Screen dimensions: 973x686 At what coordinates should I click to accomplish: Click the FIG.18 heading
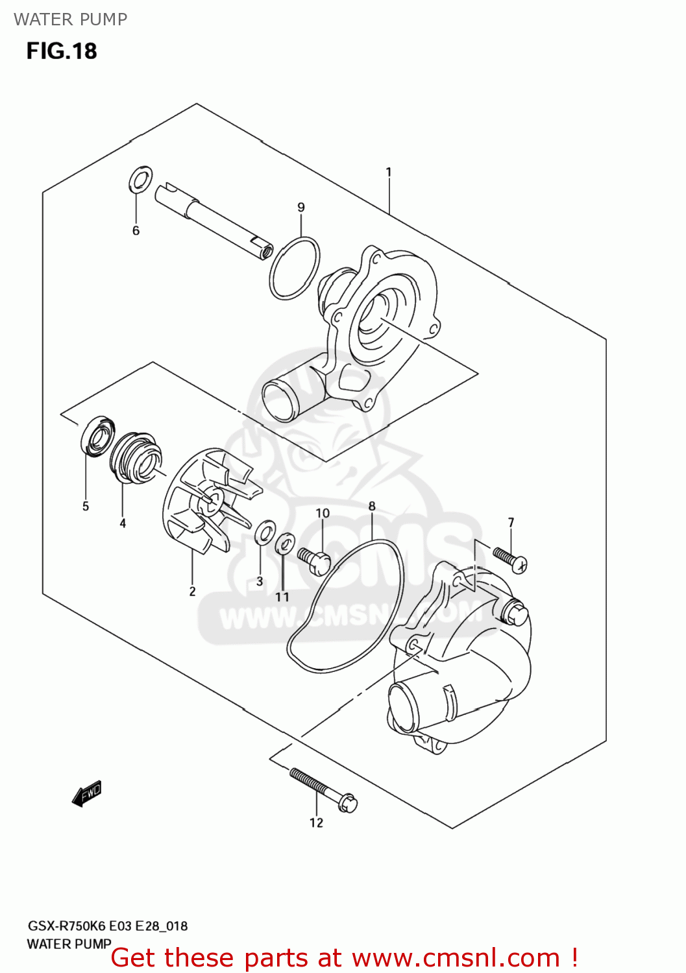tap(62, 51)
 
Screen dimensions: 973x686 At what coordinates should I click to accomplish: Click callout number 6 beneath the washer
tap(136, 231)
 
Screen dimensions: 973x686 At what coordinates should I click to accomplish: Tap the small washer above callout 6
tap(141, 179)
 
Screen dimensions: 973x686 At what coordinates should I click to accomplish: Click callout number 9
tap(301, 208)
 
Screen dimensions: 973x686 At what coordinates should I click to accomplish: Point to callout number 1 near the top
tap(388, 173)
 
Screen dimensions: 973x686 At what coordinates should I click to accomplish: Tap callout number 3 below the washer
tap(260, 582)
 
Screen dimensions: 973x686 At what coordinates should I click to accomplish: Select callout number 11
tap(282, 597)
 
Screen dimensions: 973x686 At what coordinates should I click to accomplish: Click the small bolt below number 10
tap(315, 561)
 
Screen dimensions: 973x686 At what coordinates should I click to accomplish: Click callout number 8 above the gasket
tap(372, 507)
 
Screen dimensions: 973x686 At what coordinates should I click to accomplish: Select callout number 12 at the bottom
tap(316, 823)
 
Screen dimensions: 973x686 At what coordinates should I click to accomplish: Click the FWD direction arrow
tap(87, 793)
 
